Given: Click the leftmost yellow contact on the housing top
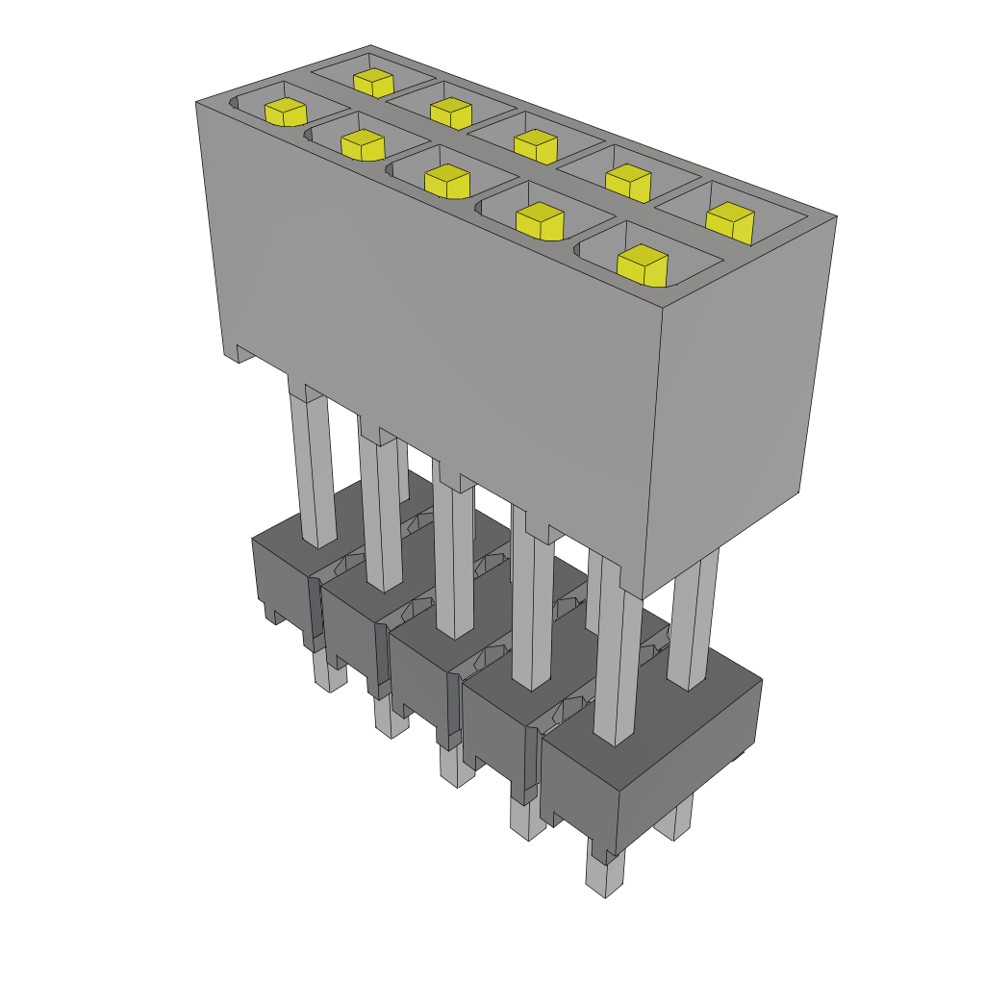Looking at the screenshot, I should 285,112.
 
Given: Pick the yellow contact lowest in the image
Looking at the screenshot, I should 642,265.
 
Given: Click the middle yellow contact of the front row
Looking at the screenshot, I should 446,181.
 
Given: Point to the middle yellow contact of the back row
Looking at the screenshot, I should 535,145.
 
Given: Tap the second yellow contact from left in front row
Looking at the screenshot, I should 363,145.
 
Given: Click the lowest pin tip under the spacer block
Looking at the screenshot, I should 604,875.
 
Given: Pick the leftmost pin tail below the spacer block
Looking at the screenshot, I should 330,673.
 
